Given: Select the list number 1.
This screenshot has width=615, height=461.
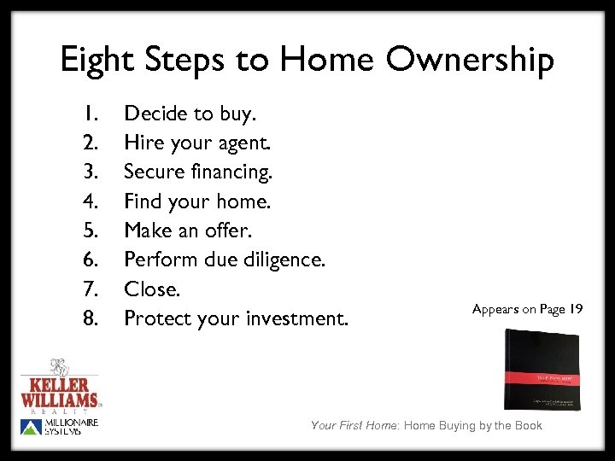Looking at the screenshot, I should point(92,113).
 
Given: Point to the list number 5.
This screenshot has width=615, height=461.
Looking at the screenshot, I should point(92,230).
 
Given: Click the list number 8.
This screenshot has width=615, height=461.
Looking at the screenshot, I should point(92,318).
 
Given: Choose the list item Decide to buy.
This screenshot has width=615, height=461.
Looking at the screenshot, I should point(189,113).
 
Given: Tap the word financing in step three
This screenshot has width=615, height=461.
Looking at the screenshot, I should point(233,172).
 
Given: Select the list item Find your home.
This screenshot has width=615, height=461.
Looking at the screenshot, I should point(196,201).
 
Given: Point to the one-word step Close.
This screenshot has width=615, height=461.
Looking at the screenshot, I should point(152,289).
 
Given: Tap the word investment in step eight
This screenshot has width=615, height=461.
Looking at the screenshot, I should point(297,318).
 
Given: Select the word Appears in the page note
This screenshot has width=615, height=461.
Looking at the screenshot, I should point(496,309).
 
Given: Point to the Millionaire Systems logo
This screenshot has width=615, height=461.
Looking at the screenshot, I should point(60,426).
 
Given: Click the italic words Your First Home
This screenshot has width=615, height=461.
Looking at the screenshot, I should point(355,425).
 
